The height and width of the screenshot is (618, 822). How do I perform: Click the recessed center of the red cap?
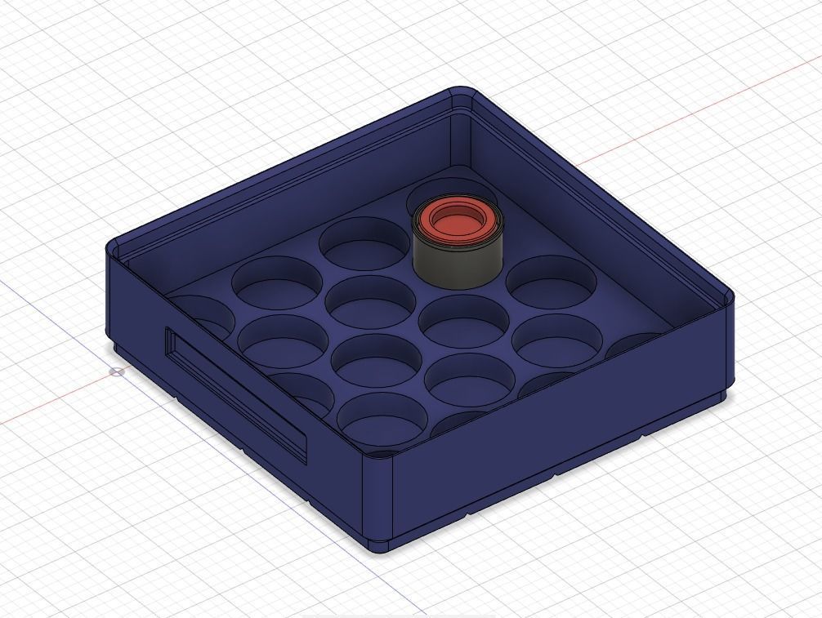click(454, 218)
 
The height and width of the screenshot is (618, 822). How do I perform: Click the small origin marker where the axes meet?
click(117, 371)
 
